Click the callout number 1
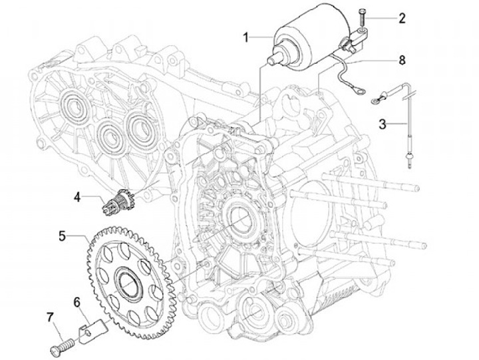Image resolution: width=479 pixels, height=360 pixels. (x=245, y=38)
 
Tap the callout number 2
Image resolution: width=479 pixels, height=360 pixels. (x=402, y=19)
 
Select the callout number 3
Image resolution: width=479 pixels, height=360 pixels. (x=383, y=124)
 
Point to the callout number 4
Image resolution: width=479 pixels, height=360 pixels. (x=77, y=197)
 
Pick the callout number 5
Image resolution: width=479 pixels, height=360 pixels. (x=63, y=236)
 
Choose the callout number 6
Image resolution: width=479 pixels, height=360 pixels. (x=77, y=302)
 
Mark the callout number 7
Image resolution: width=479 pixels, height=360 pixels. (x=50, y=317)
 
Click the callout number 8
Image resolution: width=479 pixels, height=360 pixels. (x=402, y=60)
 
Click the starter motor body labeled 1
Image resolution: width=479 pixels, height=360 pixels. (x=311, y=37)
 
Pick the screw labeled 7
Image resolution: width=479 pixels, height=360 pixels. (x=63, y=347)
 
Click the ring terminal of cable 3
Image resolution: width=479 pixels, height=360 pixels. (x=375, y=100)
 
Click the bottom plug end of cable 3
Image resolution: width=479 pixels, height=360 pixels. (x=408, y=160)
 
